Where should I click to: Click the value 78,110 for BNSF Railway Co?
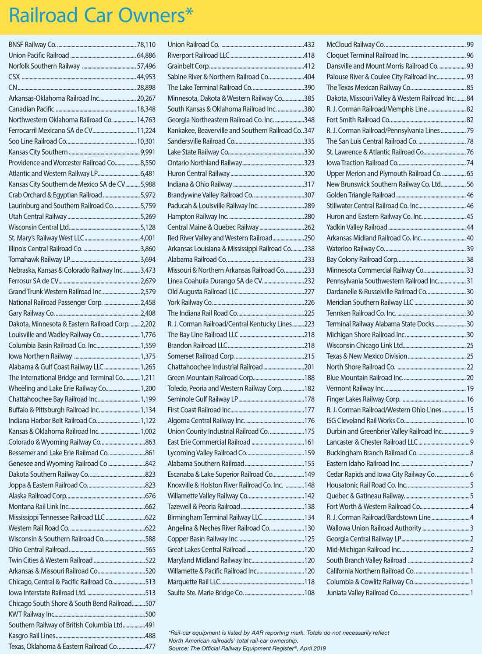(x=146, y=45)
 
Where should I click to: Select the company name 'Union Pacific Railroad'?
(x=39, y=56)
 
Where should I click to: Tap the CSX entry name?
(x=14, y=77)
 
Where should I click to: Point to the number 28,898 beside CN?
(x=146, y=88)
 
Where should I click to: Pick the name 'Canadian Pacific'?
(x=32, y=109)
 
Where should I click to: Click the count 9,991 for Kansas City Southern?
(x=148, y=152)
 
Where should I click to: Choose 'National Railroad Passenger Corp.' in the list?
(x=56, y=302)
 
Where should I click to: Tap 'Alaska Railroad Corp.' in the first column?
(x=38, y=496)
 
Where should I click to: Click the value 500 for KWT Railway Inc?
(x=150, y=614)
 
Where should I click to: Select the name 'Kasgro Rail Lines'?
(x=32, y=636)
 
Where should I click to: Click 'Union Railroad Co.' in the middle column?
(x=193, y=45)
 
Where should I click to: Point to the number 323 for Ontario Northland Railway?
(x=309, y=163)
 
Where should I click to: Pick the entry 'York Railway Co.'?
(x=190, y=302)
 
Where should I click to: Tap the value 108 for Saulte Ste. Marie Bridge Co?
(x=309, y=593)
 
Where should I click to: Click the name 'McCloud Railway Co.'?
(x=355, y=45)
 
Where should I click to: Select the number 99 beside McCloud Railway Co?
(x=470, y=45)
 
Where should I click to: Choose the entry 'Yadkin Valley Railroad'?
(x=357, y=227)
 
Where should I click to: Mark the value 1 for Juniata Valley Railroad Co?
(x=471, y=593)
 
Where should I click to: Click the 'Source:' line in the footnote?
(x=247, y=648)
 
